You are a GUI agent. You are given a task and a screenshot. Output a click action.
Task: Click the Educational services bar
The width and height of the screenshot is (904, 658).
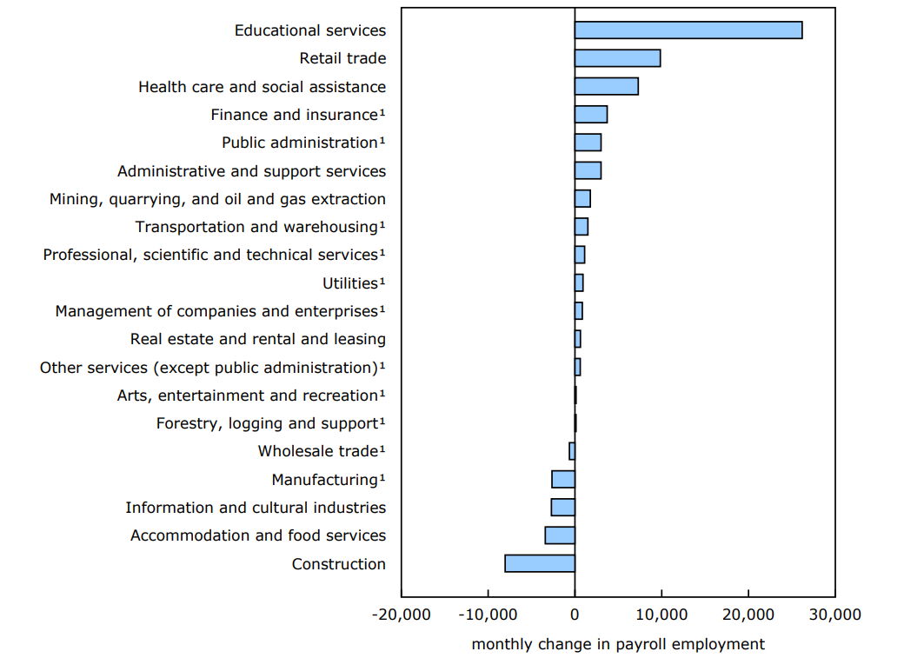[688, 30]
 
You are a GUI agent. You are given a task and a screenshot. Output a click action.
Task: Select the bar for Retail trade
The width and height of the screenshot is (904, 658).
[617, 58]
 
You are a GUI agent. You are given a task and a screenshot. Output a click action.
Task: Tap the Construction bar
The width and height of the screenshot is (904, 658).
[540, 563]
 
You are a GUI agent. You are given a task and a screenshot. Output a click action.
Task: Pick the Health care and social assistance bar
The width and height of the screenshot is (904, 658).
[606, 86]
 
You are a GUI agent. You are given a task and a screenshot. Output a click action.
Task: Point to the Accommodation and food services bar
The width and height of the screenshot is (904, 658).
[560, 535]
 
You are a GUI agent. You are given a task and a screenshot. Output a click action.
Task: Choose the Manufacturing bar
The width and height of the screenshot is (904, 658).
[563, 479]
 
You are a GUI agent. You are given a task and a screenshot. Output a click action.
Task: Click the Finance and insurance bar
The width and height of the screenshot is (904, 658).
[591, 114]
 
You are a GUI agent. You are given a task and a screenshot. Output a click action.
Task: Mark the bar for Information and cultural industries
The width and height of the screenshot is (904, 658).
[563, 508]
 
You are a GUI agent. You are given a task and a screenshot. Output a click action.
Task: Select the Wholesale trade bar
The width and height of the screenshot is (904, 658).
[572, 451]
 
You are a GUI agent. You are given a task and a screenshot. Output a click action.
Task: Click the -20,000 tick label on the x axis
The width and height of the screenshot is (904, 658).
[401, 615]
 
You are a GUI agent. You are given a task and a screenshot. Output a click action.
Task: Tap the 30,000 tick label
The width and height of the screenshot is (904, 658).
[834, 615]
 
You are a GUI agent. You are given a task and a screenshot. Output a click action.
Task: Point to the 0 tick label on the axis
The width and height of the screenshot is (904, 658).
[575, 615]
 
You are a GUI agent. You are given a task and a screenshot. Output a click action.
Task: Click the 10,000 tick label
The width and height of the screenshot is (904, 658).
[661, 615]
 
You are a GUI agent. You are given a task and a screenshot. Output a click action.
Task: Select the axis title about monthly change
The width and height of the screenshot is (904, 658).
[618, 644]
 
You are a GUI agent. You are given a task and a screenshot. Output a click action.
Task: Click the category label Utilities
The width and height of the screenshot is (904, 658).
[351, 283]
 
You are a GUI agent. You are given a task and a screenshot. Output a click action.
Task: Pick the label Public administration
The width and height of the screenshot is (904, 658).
[300, 143]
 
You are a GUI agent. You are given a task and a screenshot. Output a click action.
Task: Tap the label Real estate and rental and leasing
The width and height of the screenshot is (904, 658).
[258, 339]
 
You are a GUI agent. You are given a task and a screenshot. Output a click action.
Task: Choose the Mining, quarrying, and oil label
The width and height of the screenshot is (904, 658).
[217, 199]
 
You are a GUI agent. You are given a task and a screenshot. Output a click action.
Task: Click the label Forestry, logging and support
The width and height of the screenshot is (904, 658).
[268, 423]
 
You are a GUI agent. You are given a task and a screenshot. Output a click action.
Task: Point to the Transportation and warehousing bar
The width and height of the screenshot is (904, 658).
[582, 227]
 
